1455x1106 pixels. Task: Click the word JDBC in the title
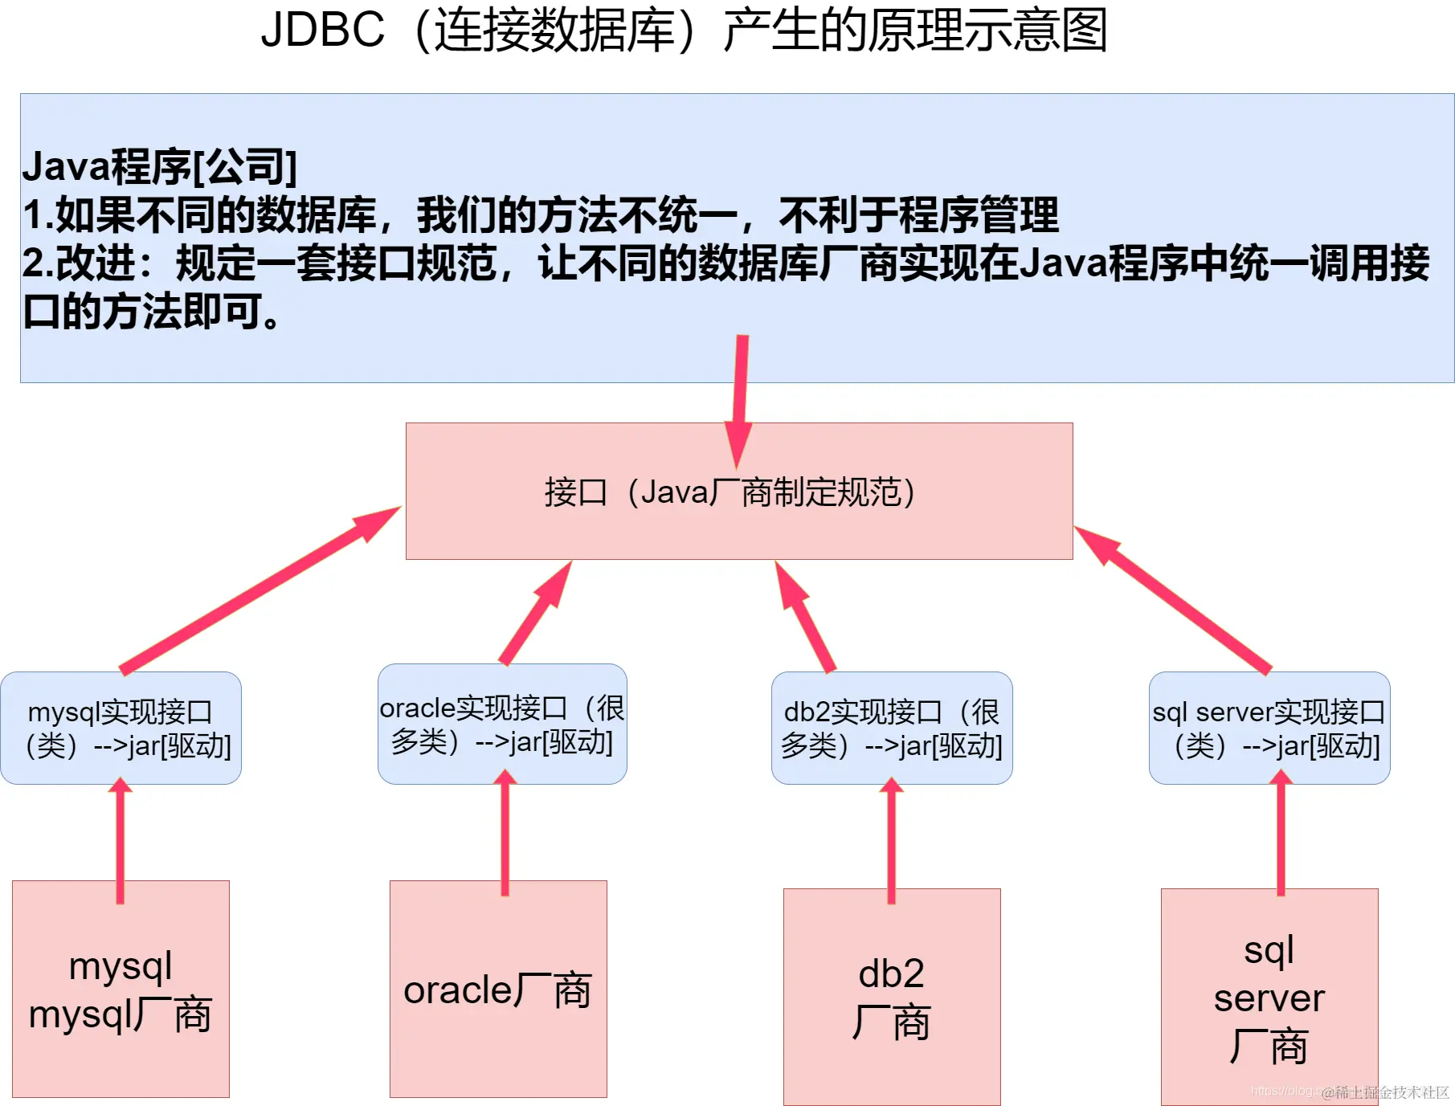[323, 31]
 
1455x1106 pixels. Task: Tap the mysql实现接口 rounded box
[121, 728]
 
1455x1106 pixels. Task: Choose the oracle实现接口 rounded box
[502, 724]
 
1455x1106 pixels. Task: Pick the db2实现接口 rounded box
[892, 728]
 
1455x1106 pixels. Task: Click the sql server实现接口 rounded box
[1269, 728]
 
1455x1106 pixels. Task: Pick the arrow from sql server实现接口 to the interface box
[1173, 601]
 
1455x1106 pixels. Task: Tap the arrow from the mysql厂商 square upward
[121, 839]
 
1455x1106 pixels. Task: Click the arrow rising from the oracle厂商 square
[505, 831]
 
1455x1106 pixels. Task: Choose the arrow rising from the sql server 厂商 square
[1281, 831]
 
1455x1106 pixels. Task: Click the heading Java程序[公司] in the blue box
[159, 167]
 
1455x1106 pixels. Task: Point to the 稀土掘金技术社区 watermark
[1385, 1092]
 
